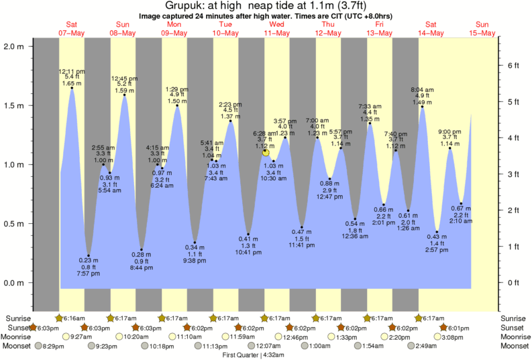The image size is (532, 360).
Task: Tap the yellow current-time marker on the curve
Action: coord(266,153)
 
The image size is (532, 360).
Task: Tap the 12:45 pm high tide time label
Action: coord(124,76)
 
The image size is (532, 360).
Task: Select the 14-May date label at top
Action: coord(431,33)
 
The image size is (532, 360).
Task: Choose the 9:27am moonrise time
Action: coord(81,337)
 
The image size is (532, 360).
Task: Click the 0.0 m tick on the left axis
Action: coord(13,282)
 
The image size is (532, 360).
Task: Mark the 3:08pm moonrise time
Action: coord(453,337)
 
